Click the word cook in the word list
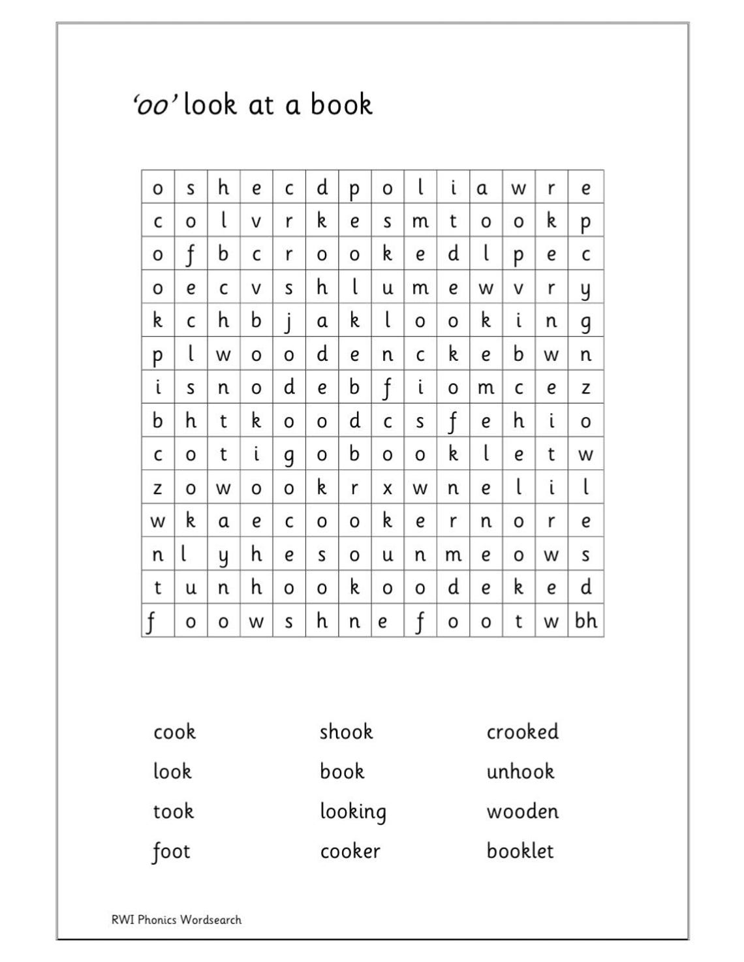pyautogui.click(x=174, y=732)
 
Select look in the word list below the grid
pyautogui.click(x=172, y=771)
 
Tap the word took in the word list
pyautogui.click(x=173, y=811)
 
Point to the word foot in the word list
pyautogui.click(x=171, y=852)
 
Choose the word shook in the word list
pyautogui.click(x=346, y=732)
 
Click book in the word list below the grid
pyautogui.click(x=342, y=771)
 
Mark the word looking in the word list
pyautogui.click(x=352, y=812)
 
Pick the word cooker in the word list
pyautogui.click(x=350, y=851)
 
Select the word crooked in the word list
pyautogui.click(x=522, y=732)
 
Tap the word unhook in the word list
pyautogui.click(x=520, y=771)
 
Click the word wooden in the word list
pyautogui.click(x=522, y=811)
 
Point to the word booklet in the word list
pyautogui.click(x=520, y=851)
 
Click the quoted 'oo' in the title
pyautogui.click(x=154, y=105)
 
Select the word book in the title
pyautogui.click(x=341, y=104)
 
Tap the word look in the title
pyautogui.click(x=209, y=104)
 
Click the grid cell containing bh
pyautogui.click(x=585, y=621)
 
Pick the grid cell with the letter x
pyautogui.click(x=387, y=488)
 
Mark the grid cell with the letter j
pyautogui.click(x=289, y=321)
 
